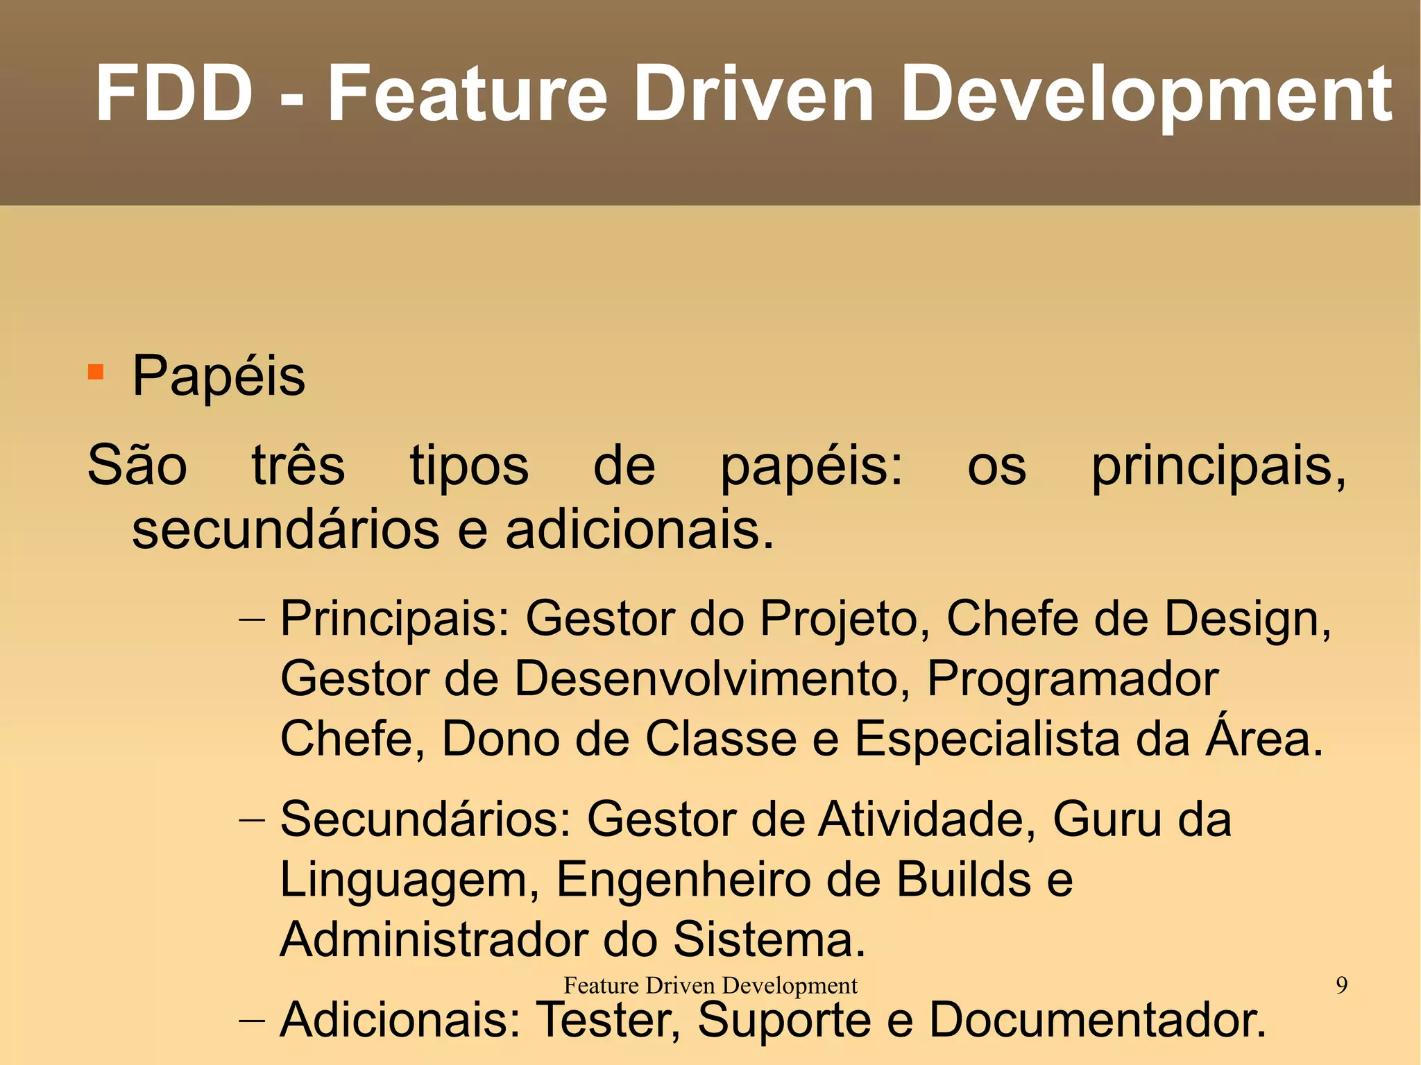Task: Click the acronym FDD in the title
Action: (x=174, y=94)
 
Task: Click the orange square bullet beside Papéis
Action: (x=96, y=373)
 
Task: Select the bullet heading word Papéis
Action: (x=219, y=376)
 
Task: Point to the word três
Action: (x=298, y=466)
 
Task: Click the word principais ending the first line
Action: (x=1218, y=467)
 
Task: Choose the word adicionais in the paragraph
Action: (x=638, y=530)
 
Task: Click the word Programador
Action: (x=1073, y=679)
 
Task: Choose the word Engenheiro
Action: (x=683, y=880)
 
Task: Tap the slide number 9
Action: (x=1342, y=985)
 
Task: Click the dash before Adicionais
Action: (x=251, y=1021)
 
